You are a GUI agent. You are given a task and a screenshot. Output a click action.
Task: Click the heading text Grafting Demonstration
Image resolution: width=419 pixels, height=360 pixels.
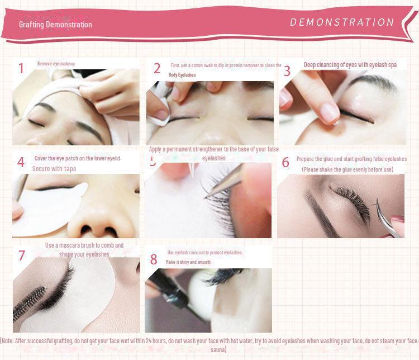55,25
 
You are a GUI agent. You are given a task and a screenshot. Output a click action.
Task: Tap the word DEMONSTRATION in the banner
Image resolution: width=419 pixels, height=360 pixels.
342,22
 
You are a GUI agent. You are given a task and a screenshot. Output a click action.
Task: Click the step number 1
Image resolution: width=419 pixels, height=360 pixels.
21,69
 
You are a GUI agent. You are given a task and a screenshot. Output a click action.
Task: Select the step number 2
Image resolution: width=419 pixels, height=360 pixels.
157,69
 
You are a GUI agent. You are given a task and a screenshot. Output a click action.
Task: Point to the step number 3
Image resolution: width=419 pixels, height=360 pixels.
287,71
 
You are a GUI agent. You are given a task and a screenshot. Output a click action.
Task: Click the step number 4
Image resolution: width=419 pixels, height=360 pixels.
21,163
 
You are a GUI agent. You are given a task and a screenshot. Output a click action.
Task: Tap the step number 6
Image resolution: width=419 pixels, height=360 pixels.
285,163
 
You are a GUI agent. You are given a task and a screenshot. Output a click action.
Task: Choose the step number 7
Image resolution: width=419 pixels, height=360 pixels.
22,255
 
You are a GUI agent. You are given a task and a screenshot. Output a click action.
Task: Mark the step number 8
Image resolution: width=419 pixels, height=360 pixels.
154,259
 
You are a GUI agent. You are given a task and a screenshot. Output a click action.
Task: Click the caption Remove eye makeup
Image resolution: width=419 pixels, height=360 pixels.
56,64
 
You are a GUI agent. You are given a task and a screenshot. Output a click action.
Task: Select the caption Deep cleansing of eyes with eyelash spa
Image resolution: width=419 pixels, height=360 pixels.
350,65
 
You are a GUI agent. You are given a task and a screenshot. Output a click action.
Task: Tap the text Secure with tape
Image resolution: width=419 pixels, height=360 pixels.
54,168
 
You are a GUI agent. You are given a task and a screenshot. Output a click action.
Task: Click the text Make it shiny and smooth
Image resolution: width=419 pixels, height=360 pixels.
188,262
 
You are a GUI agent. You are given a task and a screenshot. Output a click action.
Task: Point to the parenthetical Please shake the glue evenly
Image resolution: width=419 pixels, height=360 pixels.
347,169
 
